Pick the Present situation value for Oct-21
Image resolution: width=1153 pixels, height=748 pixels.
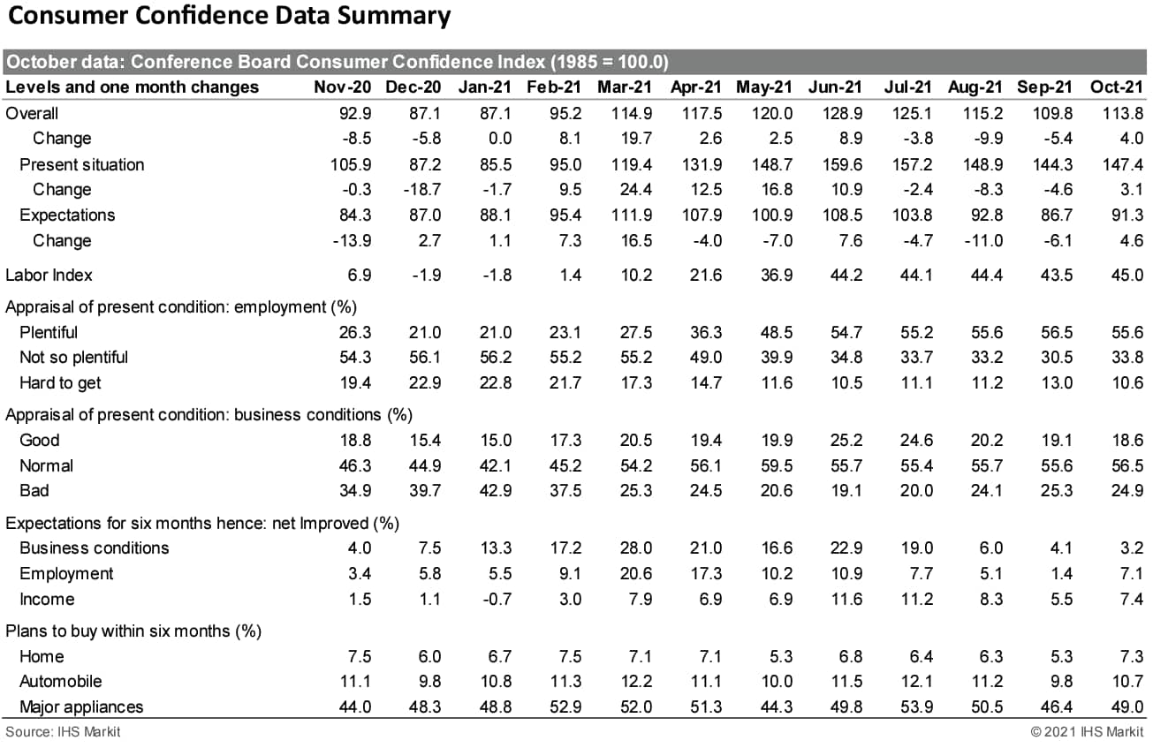1125,164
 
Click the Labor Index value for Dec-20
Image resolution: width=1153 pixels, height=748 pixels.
426,275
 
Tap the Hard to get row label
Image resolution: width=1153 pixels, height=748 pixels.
60,382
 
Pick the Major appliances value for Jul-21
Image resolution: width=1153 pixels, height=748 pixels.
915,706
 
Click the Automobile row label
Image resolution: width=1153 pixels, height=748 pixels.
60,681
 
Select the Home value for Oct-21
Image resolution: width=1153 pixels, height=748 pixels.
1130,656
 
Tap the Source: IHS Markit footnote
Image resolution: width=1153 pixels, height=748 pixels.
63,732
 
